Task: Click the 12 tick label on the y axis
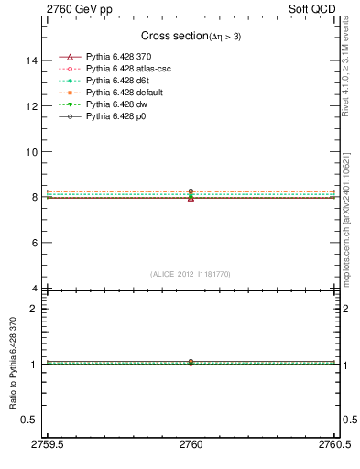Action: pos(32,106)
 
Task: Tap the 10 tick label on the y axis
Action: pos(32,152)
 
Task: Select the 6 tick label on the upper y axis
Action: pos(35,243)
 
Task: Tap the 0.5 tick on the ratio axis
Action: pos(31,420)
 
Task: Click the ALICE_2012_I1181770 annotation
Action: pos(191,274)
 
